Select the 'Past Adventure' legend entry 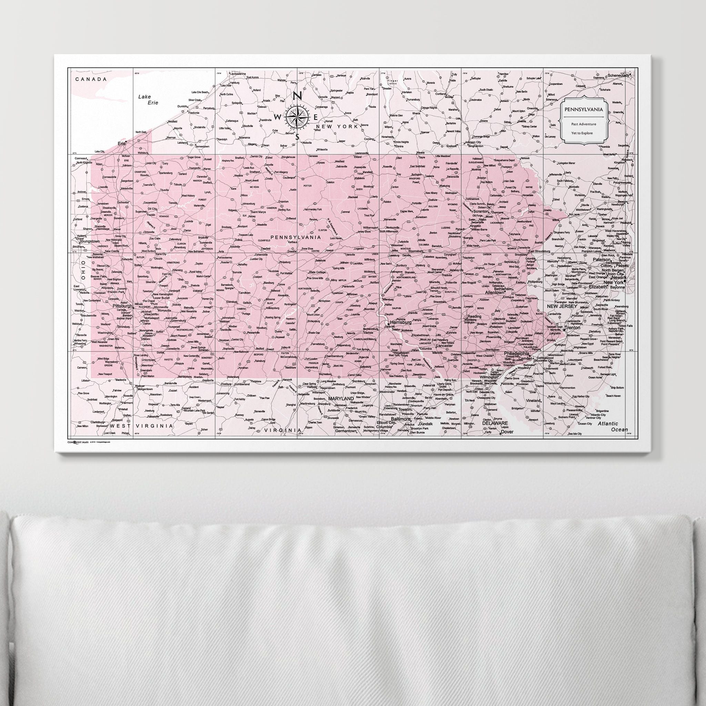584,124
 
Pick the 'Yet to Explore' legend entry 584,133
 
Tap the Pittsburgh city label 122,306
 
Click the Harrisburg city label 401,323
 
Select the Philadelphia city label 517,354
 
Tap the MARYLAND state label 341,398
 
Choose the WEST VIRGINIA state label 141,426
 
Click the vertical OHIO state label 83,270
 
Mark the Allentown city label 495,293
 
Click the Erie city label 121,144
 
